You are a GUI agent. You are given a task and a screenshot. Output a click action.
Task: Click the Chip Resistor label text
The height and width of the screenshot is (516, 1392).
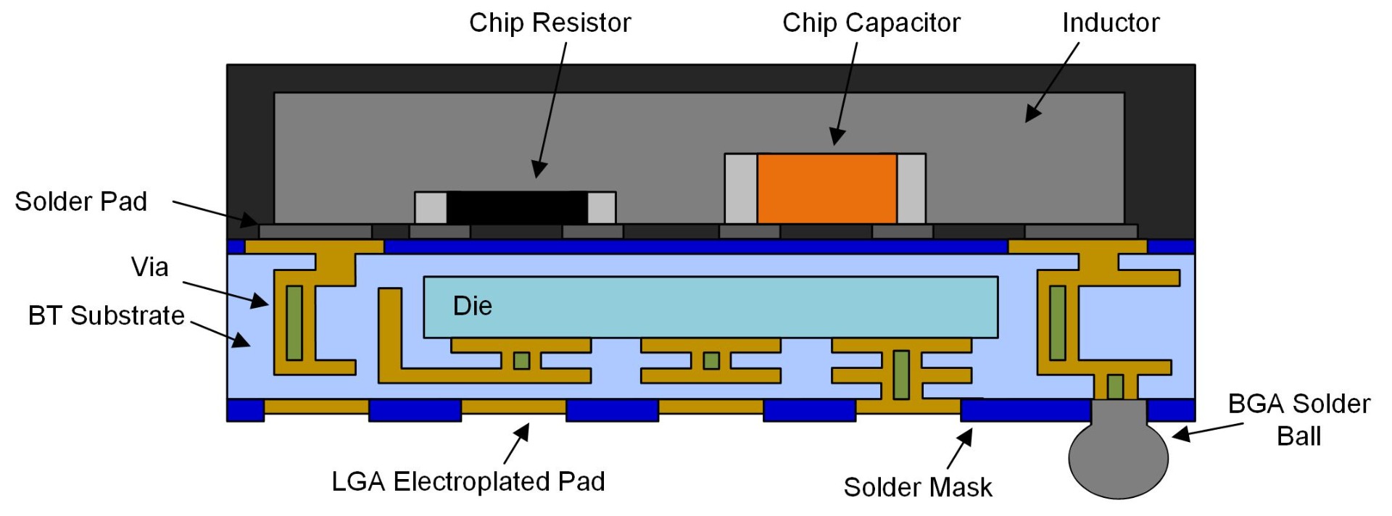[x=550, y=23]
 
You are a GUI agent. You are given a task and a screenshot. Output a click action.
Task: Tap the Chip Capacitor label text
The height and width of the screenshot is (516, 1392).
[x=871, y=23]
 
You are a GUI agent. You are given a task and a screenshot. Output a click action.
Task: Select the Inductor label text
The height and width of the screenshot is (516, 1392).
[x=1110, y=23]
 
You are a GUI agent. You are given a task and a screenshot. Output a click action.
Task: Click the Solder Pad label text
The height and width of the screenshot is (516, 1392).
[x=80, y=201]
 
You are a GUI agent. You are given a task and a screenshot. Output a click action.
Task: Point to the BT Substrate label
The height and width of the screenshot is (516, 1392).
[x=106, y=316]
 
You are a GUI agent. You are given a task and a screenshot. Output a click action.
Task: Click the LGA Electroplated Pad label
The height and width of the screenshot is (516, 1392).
[x=468, y=482]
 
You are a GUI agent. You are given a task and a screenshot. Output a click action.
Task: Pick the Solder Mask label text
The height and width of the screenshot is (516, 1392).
[x=917, y=488]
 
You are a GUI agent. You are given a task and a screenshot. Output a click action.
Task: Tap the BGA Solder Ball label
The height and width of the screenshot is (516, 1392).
[x=1298, y=420]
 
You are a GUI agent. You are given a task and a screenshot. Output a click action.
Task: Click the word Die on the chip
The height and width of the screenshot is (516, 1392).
[x=472, y=306]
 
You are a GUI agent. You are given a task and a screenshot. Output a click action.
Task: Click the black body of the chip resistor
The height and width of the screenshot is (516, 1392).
[x=516, y=207]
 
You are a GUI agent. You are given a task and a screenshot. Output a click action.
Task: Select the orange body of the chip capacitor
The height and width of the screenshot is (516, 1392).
[x=826, y=188]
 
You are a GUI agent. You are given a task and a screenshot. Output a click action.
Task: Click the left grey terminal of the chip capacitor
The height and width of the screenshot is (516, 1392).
[x=740, y=188]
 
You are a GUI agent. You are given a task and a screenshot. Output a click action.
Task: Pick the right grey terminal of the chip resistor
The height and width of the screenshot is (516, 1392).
[x=601, y=208]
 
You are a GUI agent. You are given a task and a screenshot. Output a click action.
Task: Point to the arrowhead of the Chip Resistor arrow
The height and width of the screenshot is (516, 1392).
[x=537, y=171]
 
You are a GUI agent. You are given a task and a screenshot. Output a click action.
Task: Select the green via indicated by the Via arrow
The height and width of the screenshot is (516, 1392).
[x=294, y=322]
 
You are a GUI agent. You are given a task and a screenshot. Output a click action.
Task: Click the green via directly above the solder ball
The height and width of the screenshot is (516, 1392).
[x=1115, y=386]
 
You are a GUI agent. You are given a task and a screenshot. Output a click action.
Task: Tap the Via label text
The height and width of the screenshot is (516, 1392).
[x=149, y=267]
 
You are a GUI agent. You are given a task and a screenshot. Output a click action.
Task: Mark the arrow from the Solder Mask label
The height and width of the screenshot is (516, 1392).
[x=959, y=449]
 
